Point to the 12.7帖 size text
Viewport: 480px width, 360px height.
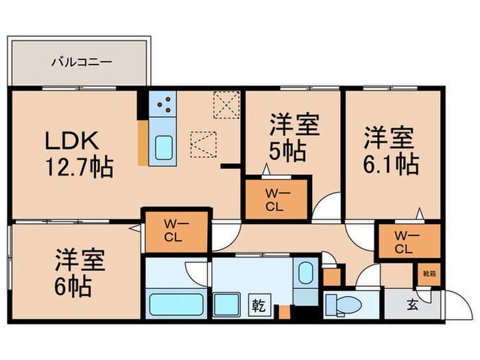click(80, 167)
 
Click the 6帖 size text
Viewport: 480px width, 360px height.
click(73, 287)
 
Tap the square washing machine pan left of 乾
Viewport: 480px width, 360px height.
click(228, 302)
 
